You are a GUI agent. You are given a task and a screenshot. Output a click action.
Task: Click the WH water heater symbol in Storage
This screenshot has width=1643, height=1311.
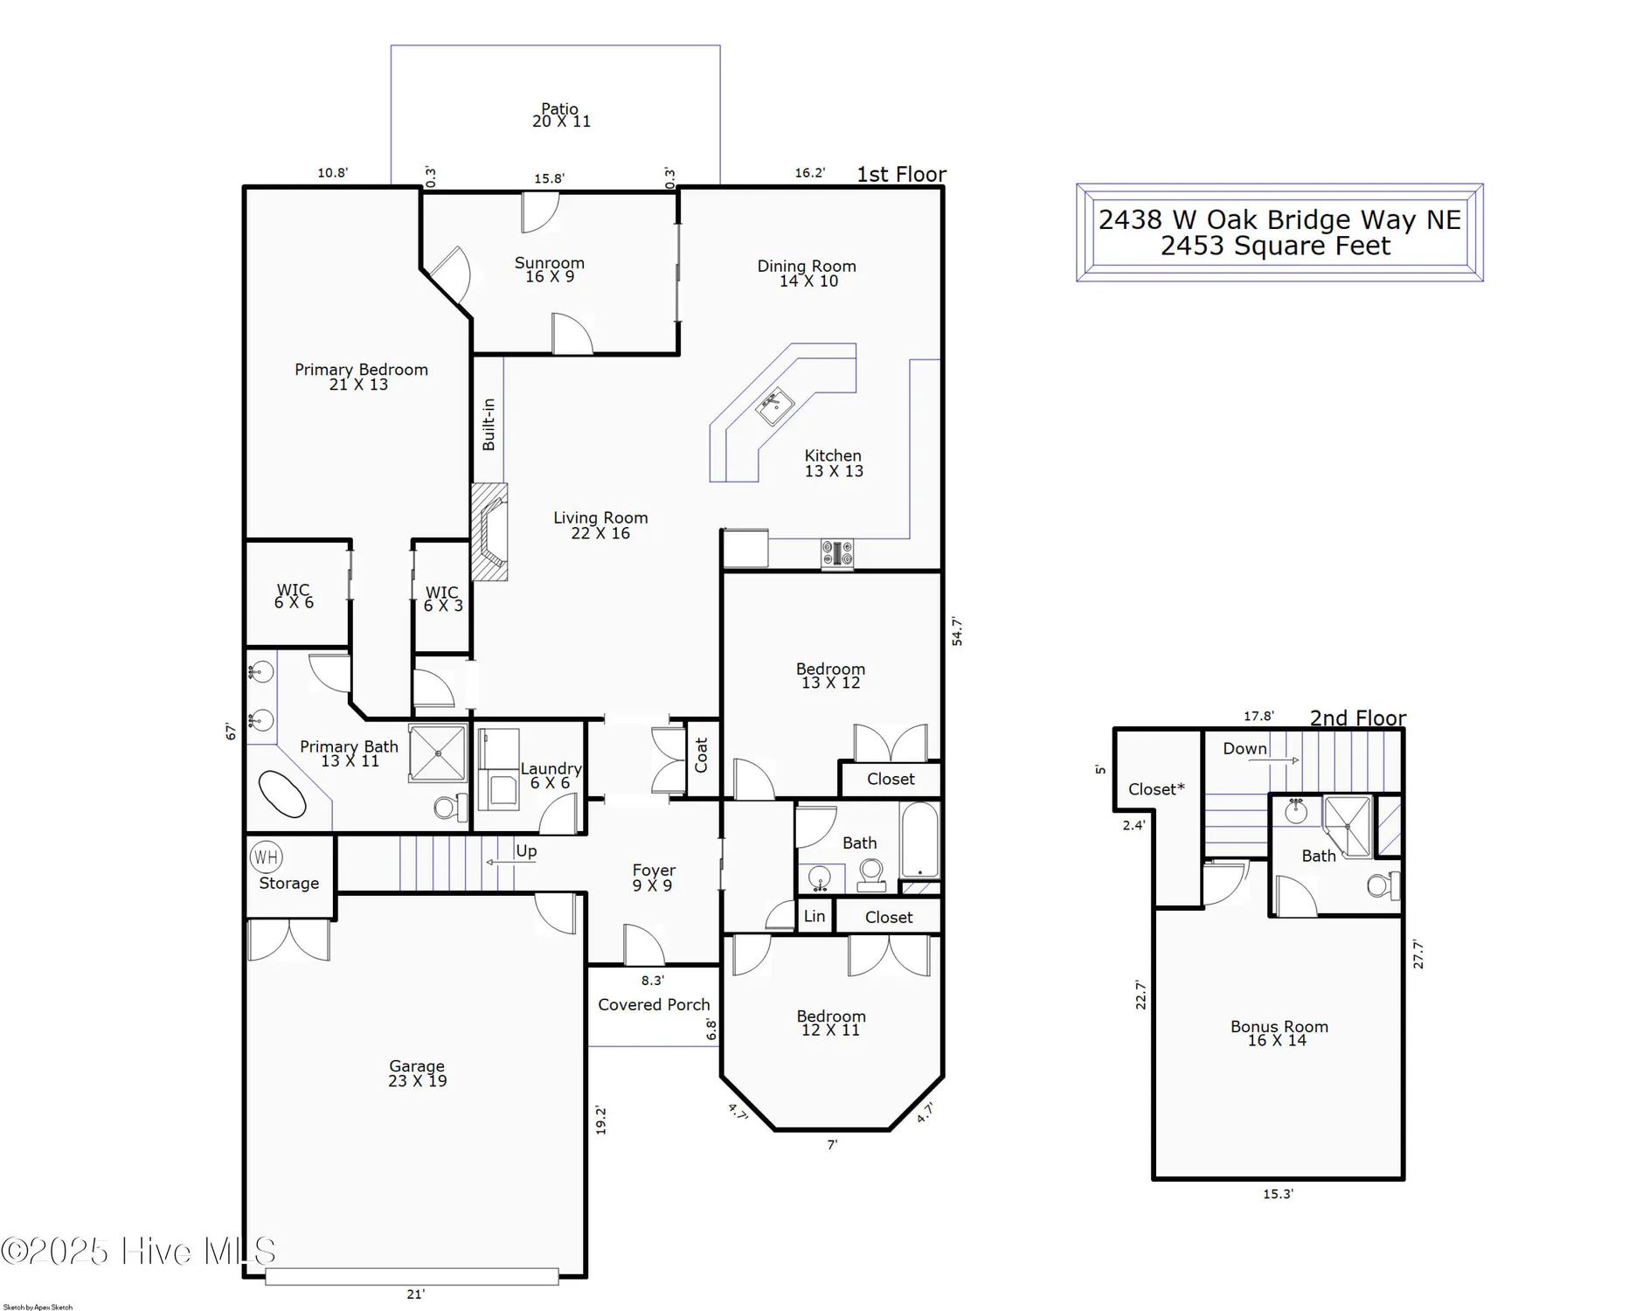(x=266, y=857)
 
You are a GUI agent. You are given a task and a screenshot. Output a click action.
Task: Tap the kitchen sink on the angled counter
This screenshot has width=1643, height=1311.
(x=774, y=406)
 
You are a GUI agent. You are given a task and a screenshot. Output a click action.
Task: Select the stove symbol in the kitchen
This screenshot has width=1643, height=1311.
(x=836, y=554)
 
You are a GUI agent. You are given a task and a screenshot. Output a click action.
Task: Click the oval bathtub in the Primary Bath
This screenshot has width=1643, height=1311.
(x=282, y=794)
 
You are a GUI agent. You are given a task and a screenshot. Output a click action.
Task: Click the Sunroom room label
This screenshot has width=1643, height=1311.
(x=549, y=269)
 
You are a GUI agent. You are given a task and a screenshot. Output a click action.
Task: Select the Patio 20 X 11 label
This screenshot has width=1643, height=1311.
(x=560, y=115)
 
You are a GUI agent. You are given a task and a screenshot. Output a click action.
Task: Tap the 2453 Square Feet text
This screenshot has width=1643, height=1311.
(x=1274, y=246)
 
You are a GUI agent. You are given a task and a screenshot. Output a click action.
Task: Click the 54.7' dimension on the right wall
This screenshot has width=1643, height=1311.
(x=957, y=631)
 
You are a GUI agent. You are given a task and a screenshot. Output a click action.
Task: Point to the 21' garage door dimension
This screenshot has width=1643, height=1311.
(x=415, y=1294)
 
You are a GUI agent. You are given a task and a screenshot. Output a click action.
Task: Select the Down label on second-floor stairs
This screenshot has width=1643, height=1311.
(x=1244, y=748)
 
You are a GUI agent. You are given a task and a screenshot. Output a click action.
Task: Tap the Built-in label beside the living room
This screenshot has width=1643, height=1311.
(x=489, y=424)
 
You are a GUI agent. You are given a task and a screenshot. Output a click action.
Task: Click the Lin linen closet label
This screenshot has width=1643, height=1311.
(x=814, y=916)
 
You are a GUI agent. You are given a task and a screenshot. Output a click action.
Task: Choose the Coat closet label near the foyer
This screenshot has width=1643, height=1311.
(x=701, y=755)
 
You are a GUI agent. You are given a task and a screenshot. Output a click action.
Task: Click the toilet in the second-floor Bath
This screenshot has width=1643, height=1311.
(x=1381, y=885)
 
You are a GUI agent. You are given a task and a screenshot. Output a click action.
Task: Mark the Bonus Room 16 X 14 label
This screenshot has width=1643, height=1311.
(x=1278, y=1033)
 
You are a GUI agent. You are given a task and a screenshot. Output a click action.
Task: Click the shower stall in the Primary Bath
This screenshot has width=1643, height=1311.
(x=438, y=752)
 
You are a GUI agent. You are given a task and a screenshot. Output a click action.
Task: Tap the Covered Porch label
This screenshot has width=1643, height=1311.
(x=654, y=1004)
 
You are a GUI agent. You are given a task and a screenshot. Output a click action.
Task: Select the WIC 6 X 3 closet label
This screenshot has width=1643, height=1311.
(x=442, y=599)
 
